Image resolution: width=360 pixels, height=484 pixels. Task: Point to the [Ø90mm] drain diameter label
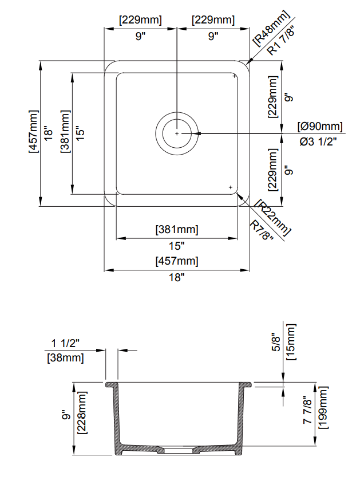pyautogui.click(x=320, y=126)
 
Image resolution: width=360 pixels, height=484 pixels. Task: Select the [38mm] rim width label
pyautogui.click(x=64, y=359)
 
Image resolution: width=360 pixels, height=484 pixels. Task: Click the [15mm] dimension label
pyautogui.click(x=291, y=342)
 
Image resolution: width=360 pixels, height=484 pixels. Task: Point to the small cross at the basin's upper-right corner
pyautogui.click(x=235, y=76)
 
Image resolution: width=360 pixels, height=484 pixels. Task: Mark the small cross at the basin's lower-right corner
pyautogui.click(x=230, y=187)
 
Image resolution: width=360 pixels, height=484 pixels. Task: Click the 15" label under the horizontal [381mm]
pyautogui.click(x=177, y=246)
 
